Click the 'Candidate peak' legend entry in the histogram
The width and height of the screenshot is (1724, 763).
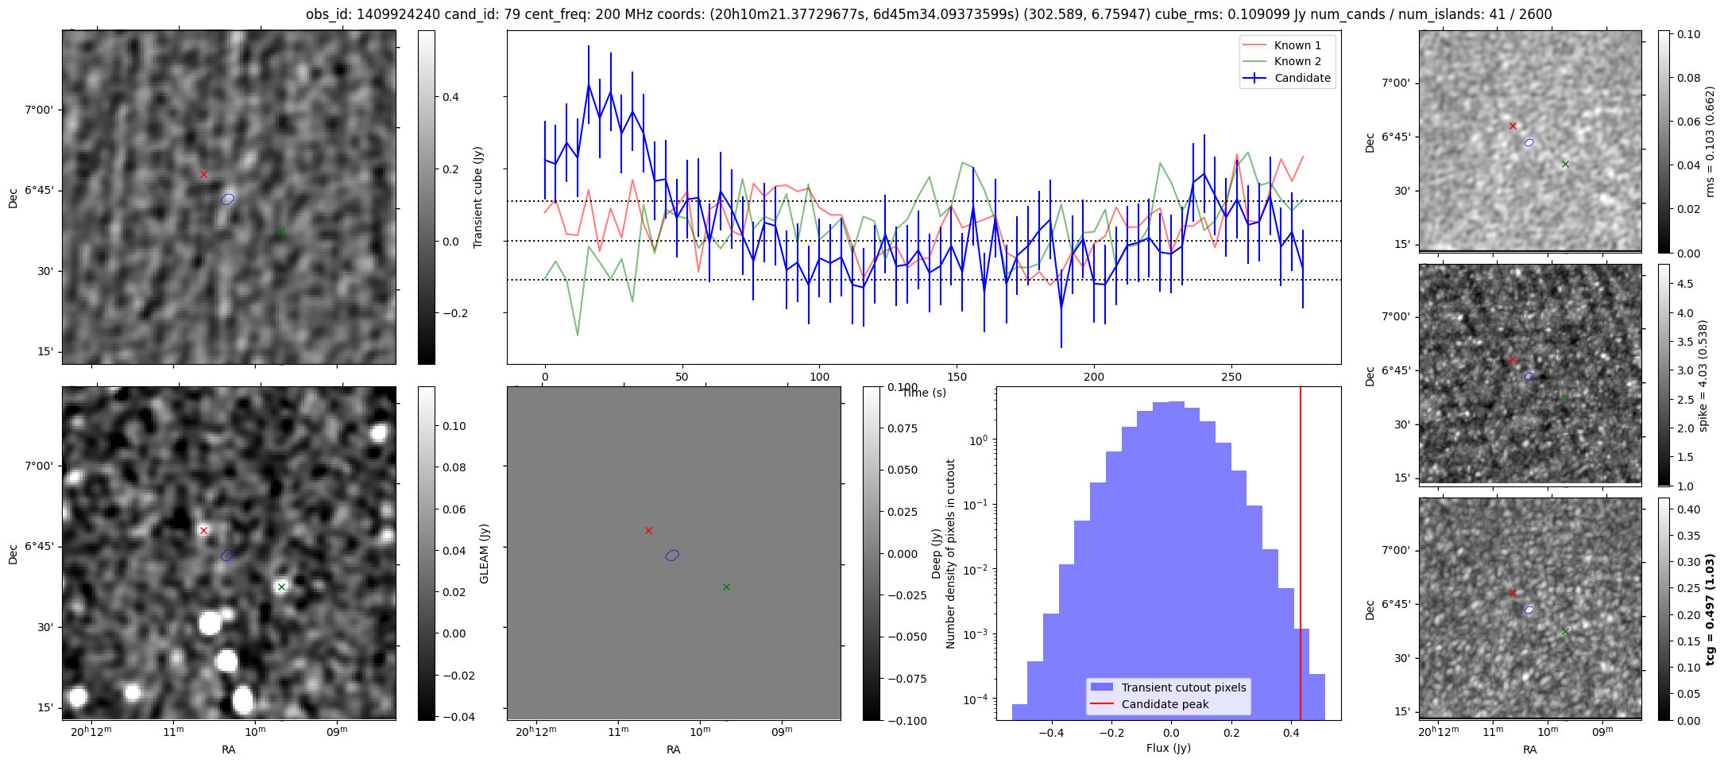(x=1165, y=704)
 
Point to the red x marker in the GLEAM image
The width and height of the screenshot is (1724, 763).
(x=203, y=530)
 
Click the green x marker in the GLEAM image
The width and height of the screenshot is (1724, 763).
(x=281, y=587)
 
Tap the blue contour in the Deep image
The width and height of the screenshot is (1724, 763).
(x=672, y=555)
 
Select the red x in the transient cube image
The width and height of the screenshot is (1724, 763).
(x=203, y=174)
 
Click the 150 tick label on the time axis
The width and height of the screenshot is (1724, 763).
(x=957, y=377)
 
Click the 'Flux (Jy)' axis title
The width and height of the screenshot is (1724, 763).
(x=1168, y=748)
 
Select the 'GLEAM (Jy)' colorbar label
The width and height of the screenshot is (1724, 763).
(x=485, y=554)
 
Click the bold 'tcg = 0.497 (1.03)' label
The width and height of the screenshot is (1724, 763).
(x=1710, y=609)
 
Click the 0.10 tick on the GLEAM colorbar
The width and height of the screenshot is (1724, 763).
(x=454, y=426)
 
